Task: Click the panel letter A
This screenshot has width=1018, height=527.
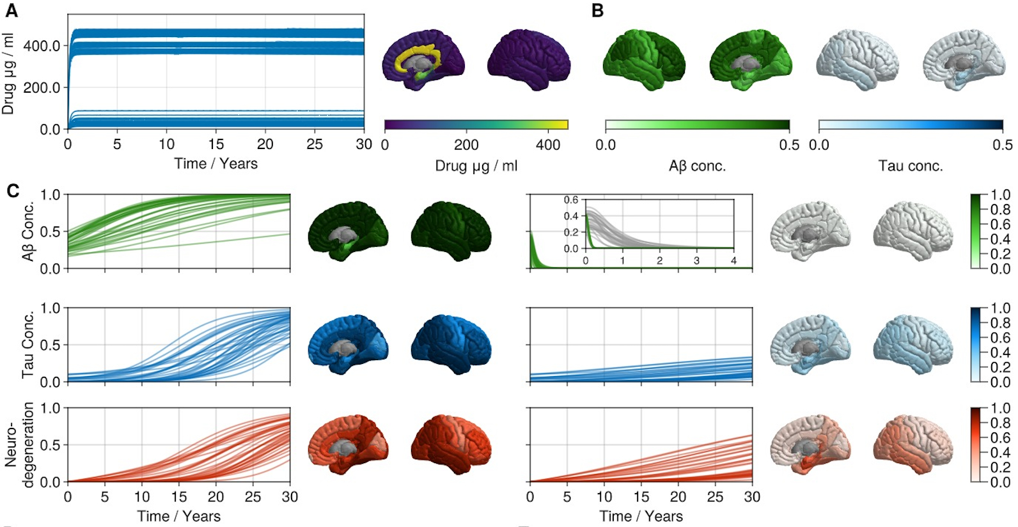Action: coord(11,10)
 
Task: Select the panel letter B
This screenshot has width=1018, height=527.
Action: coord(597,10)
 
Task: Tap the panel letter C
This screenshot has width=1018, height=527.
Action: coord(12,191)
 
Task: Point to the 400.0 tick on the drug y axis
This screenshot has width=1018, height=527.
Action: coord(42,46)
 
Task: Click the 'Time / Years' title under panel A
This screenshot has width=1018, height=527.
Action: coord(215,164)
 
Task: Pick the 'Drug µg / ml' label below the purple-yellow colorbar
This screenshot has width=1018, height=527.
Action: coord(476,166)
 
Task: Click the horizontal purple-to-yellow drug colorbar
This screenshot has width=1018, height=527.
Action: coord(476,125)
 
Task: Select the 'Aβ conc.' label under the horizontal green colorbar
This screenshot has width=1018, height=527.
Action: coord(697,166)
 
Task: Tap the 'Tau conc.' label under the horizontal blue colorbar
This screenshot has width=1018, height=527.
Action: coord(911,166)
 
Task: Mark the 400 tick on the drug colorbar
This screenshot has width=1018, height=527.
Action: coord(548,145)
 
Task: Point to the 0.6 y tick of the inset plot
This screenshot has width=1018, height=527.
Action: coord(570,200)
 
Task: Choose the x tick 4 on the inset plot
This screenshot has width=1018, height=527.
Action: coord(733,261)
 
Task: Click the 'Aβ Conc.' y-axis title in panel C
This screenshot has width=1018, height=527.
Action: coord(27,232)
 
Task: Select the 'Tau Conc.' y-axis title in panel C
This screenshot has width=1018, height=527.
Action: coord(27,345)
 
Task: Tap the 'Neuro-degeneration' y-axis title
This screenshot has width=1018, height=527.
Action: coord(19,445)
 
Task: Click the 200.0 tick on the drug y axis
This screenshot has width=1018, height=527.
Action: coord(42,88)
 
